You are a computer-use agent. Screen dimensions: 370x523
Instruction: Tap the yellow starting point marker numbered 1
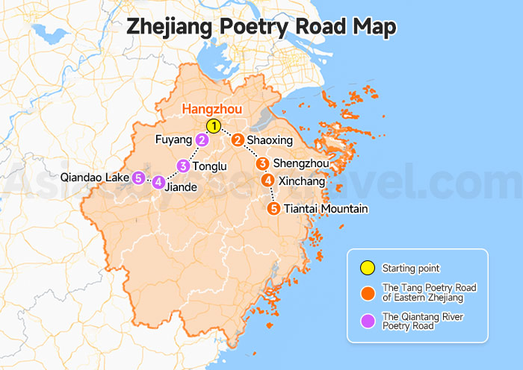pos(214,126)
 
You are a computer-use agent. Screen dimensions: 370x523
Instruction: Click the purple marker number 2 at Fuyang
pos(202,140)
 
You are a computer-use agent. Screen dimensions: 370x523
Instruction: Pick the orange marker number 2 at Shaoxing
pos(238,139)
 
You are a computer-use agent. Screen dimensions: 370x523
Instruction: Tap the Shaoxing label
pos(270,140)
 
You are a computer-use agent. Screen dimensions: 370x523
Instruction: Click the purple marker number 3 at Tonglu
pos(183,166)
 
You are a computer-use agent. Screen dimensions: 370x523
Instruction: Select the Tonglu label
pos(209,166)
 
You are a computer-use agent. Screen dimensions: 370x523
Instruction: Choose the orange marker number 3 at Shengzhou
pos(262,163)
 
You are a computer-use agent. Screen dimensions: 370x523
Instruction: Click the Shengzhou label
pos(300,164)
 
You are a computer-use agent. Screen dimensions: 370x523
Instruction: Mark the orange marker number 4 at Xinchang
pos(267,181)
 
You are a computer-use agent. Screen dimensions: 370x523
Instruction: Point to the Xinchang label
pos(302,181)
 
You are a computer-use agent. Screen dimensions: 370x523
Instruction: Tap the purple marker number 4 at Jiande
pos(158,181)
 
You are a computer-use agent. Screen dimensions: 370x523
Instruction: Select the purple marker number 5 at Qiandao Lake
pos(138,178)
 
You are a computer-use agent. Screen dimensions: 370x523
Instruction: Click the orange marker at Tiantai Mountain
pos(274,208)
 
